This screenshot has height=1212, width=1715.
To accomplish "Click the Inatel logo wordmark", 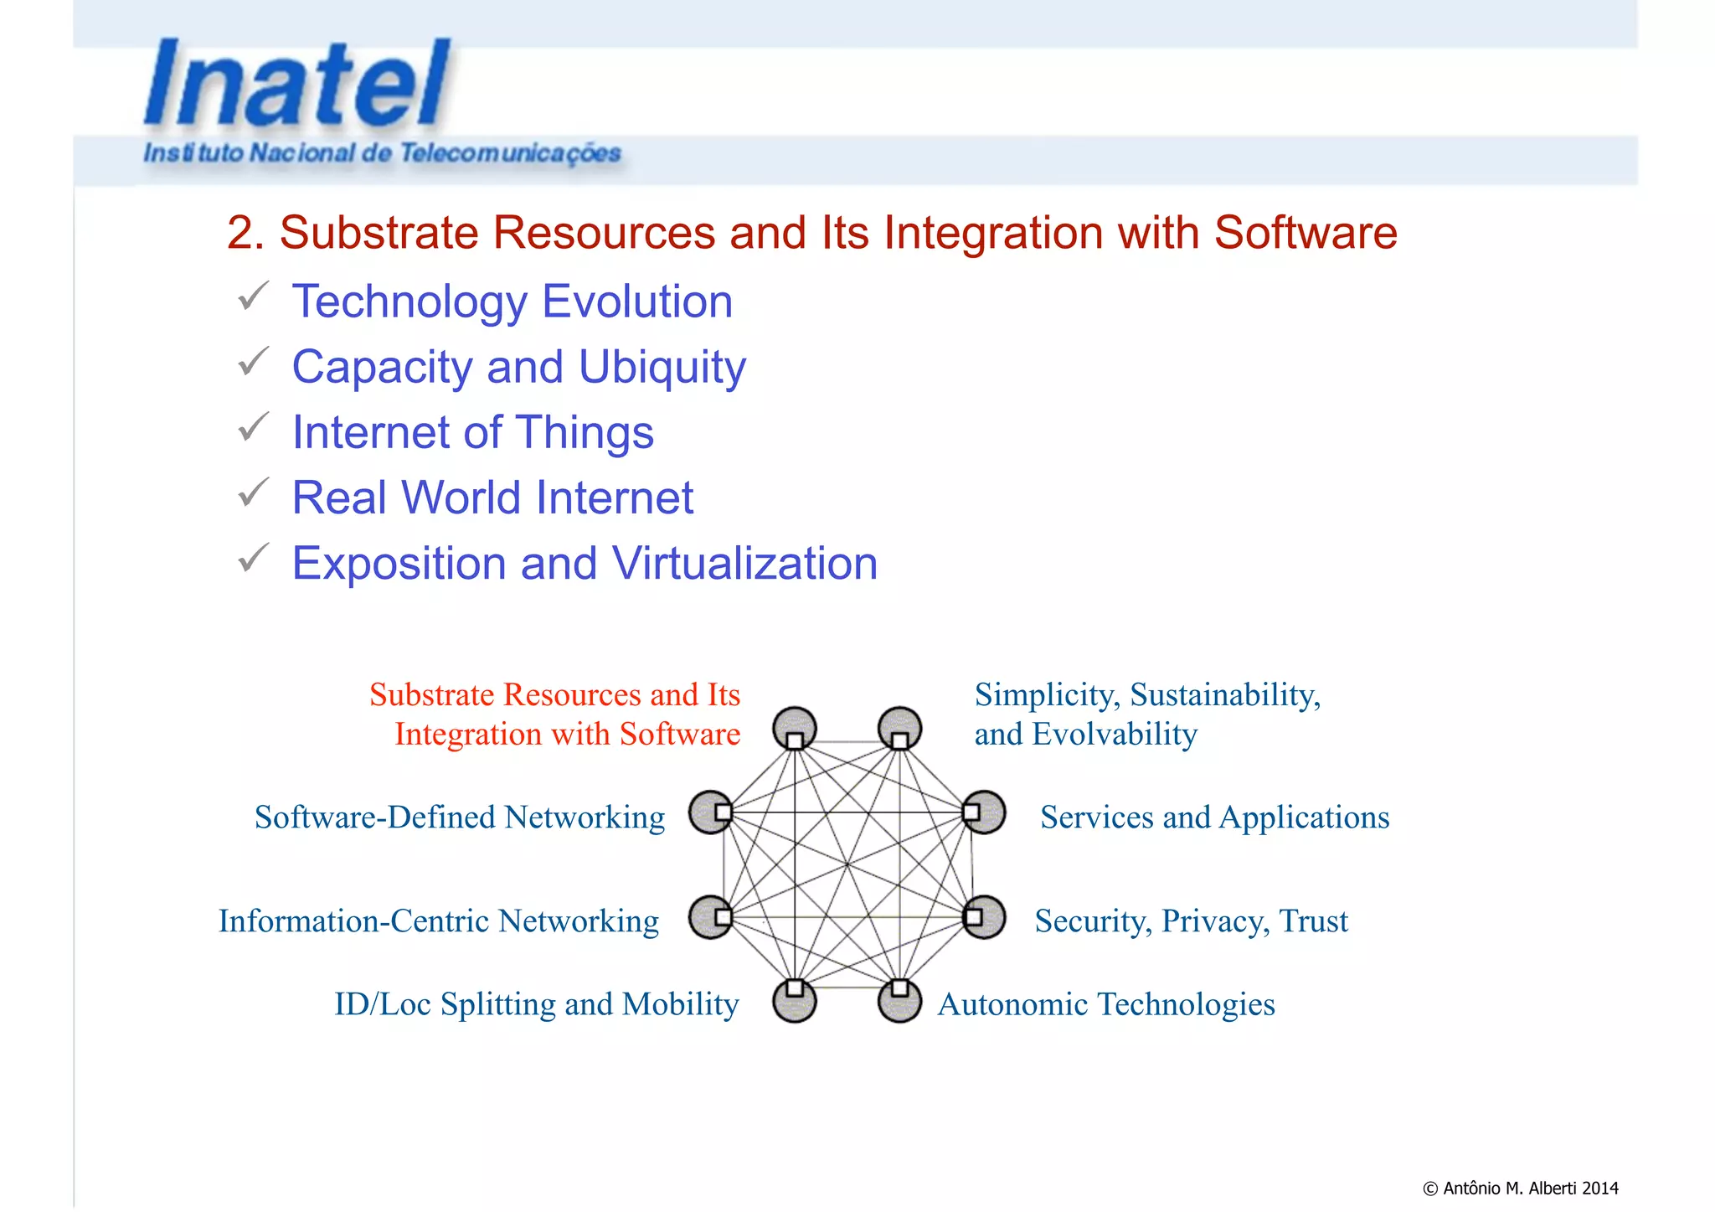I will pos(297,84).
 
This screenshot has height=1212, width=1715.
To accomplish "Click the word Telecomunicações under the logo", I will pos(510,153).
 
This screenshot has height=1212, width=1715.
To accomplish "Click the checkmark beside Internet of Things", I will pos(253,427).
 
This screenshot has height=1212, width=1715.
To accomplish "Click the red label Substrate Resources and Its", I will pos(554,694).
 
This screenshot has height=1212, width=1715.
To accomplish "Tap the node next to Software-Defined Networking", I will pos(711,812).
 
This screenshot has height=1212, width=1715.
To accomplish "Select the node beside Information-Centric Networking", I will pos(711,917).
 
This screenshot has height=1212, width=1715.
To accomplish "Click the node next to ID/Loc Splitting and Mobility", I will pos(794,1000).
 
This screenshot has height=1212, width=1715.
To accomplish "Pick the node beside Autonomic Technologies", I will pos(899,1000).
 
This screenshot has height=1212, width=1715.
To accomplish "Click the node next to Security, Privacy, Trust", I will pos(984,917).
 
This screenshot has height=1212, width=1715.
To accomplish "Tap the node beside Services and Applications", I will pos(984,812).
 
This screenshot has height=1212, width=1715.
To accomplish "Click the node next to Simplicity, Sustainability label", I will pos(899,728).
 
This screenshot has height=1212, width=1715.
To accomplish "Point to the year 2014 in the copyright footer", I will pos(1600,1188).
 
